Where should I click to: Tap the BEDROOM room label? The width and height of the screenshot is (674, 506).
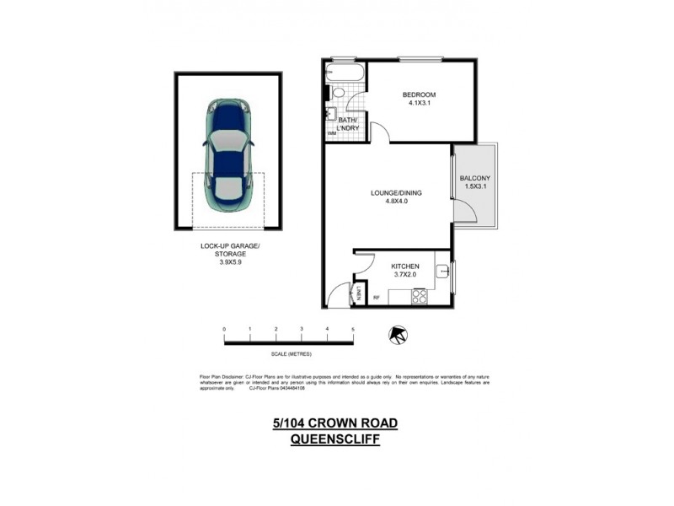419,94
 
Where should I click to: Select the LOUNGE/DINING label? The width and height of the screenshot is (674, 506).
397,193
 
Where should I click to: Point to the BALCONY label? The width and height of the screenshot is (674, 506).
474,178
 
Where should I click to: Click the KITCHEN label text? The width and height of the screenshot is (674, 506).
404,266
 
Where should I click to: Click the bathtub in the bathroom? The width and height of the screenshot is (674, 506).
346,73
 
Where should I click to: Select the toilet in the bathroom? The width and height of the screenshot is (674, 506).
339,94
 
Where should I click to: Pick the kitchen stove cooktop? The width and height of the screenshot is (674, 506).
419,296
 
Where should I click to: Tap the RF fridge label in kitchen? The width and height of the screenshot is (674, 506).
377,297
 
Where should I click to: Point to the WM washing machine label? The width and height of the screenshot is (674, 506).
332,133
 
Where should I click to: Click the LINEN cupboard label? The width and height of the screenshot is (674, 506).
360,293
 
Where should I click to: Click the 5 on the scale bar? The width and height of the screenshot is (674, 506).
353,329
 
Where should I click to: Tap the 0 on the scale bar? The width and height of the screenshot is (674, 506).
224,329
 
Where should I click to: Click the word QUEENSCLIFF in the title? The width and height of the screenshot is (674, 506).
334,439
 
